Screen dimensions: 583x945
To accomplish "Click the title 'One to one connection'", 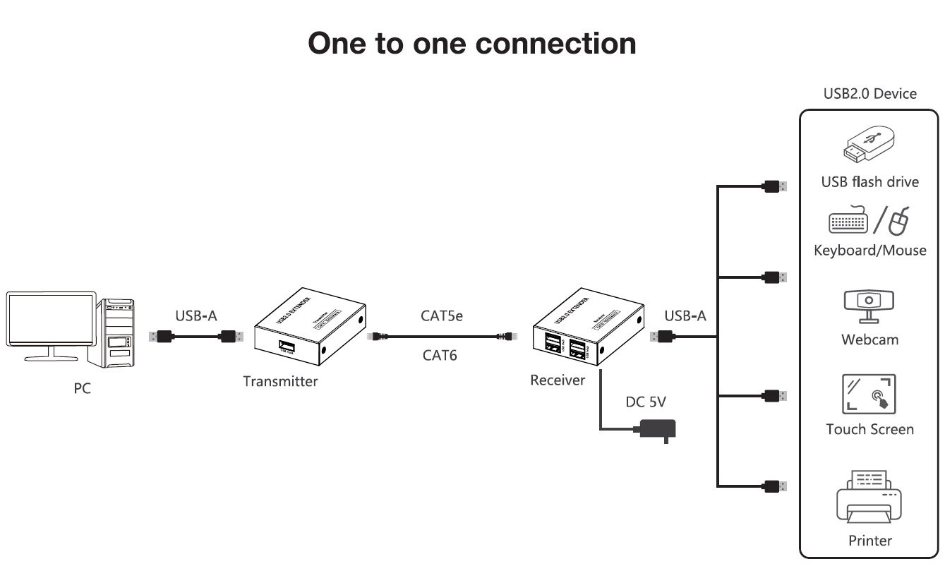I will pos(471,42).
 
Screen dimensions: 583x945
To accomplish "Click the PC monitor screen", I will pos(50,320).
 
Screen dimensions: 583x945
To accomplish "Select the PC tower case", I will pos(119,332).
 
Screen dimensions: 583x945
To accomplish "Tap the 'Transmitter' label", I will pos(280,382).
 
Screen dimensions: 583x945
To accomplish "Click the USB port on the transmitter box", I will pos(287,347).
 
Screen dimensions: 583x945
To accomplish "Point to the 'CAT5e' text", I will pos(442,315).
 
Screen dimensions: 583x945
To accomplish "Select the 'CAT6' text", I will pos(440,355).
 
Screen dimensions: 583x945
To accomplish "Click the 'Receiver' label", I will pos(558,380).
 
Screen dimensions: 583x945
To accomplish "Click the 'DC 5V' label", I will pos(646,402).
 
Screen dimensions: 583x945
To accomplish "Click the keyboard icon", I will pos(847,222).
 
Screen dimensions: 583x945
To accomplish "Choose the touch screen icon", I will pos(869,394).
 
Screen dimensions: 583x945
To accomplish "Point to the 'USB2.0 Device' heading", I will pos(869,94).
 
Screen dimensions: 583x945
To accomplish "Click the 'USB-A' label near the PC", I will pos(195,315).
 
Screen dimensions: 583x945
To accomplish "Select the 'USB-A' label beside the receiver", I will pos(685,315).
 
